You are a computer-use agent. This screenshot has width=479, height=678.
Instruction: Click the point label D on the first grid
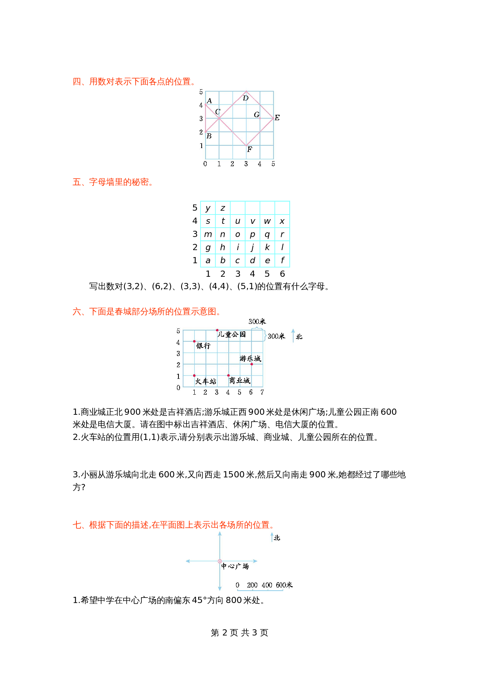(x=246, y=98)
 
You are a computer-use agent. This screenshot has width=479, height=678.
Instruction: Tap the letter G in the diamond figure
(x=256, y=115)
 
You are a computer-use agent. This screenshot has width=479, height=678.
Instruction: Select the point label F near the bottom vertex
(x=250, y=149)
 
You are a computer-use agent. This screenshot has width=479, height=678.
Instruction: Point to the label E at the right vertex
(x=277, y=118)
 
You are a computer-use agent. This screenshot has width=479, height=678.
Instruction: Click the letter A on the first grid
(x=209, y=101)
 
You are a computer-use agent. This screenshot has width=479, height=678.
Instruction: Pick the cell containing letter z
(x=223, y=208)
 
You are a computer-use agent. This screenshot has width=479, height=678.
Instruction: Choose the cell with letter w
(x=267, y=221)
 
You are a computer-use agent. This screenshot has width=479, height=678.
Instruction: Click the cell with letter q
(x=267, y=234)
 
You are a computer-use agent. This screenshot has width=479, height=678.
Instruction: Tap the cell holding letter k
(x=267, y=247)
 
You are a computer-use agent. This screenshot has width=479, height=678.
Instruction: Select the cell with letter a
(x=208, y=261)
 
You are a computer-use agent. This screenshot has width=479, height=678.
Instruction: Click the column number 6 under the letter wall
(x=282, y=274)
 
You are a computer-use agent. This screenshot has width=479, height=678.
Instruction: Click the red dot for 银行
(x=194, y=341)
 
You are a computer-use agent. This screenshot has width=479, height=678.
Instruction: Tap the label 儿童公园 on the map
(x=231, y=334)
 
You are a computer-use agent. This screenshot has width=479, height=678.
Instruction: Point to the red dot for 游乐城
(x=251, y=364)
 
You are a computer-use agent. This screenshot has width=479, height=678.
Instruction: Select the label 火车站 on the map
(x=206, y=382)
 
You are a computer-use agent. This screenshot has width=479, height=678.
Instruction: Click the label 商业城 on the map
(x=239, y=381)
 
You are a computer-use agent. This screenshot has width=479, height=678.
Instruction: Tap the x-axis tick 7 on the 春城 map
(x=262, y=392)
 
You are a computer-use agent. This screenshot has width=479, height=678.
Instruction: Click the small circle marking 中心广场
(x=220, y=561)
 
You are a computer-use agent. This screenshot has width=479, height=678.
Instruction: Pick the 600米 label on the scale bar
(x=284, y=585)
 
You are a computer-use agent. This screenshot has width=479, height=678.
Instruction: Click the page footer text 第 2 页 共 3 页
(x=239, y=633)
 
